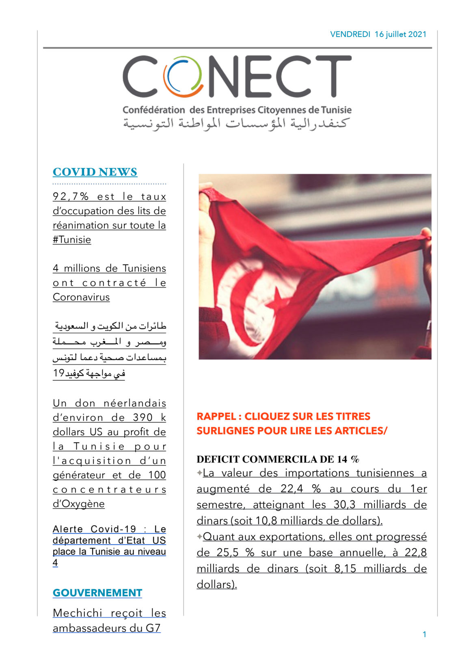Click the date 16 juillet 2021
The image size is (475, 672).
click(x=400, y=34)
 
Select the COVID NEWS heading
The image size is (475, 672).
click(x=95, y=172)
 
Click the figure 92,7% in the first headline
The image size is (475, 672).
click(x=71, y=196)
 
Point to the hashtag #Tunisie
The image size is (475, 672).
click(x=72, y=239)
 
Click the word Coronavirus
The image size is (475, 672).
click(x=81, y=297)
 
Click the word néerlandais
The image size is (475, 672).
click(x=135, y=403)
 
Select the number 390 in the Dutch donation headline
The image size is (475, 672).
click(x=143, y=418)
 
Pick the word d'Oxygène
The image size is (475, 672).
click(x=79, y=504)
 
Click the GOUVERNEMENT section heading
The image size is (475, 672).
click(x=97, y=593)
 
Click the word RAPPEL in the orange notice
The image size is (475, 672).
click(x=216, y=416)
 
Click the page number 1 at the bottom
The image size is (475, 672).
click(x=424, y=634)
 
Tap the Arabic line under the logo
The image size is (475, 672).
click(x=236, y=123)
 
